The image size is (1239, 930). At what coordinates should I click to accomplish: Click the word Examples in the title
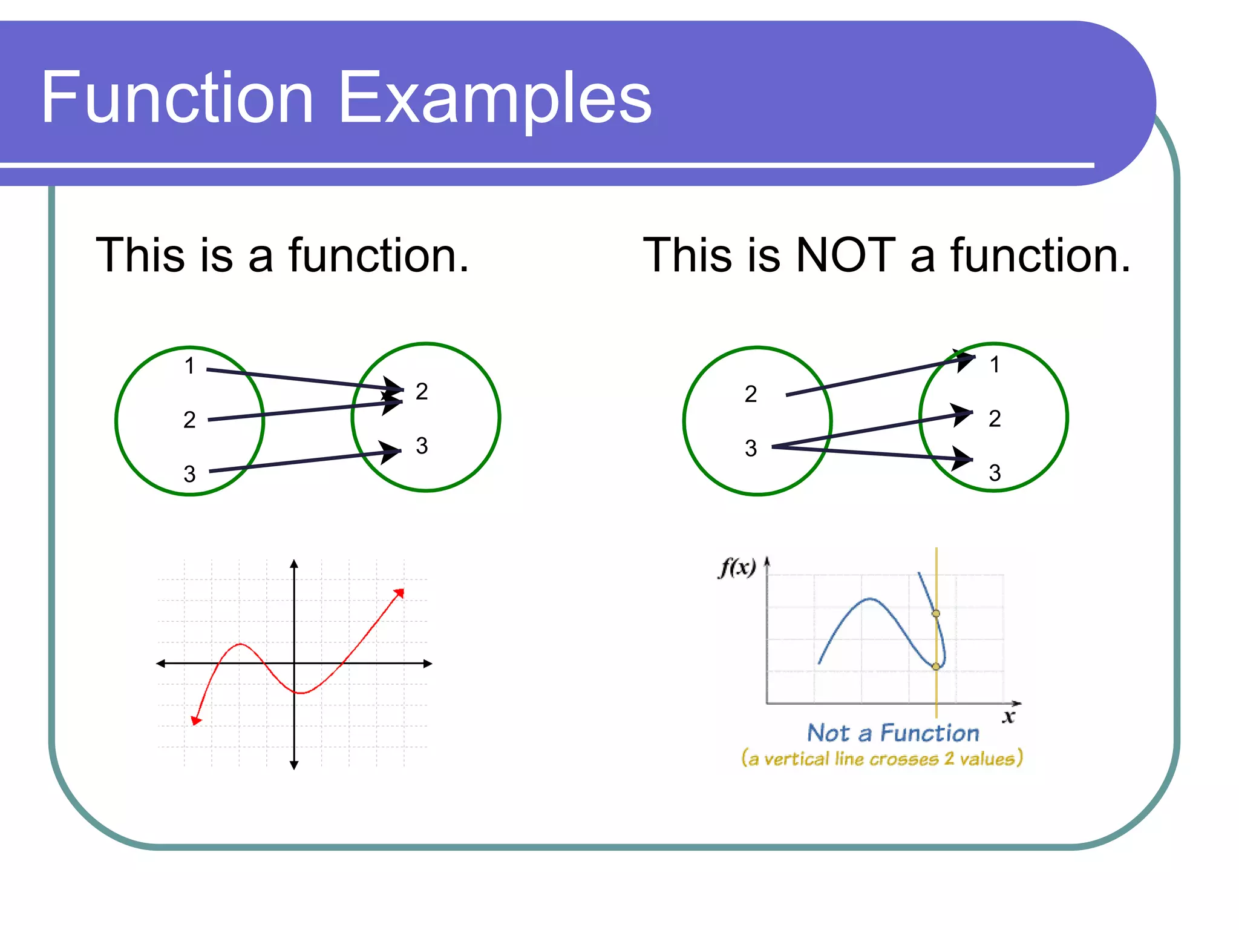(x=494, y=98)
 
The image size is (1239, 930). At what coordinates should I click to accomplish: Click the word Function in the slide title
(x=177, y=98)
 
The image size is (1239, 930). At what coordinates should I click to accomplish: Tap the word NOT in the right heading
(x=845, y=256)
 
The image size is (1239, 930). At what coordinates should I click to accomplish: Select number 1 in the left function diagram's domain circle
(x=189, y=366)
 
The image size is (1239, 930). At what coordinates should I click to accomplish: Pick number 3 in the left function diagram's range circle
(x=422, y=446)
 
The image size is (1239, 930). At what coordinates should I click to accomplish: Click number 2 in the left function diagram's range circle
(x=422, y=392)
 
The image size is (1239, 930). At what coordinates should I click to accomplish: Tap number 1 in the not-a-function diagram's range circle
(x=995, y=364)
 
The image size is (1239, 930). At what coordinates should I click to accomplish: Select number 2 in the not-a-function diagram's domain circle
(x=751, y=394)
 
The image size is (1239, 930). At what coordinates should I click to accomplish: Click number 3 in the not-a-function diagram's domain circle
(x=751, y=449)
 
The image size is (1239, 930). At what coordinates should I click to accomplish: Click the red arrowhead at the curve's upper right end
(x=399, y=593)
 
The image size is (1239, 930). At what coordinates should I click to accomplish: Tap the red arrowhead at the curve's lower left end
(x=195, y=720)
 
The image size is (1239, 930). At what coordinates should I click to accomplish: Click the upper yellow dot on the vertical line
(x=936, y=613)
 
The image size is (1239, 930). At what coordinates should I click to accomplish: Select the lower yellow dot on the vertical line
(x=936, y=667)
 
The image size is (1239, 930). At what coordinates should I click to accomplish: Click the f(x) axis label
(x=737, y=567)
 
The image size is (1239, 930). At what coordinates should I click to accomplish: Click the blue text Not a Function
(x=893, y=733)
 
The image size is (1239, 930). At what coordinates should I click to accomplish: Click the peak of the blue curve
(x=870, y=599)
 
